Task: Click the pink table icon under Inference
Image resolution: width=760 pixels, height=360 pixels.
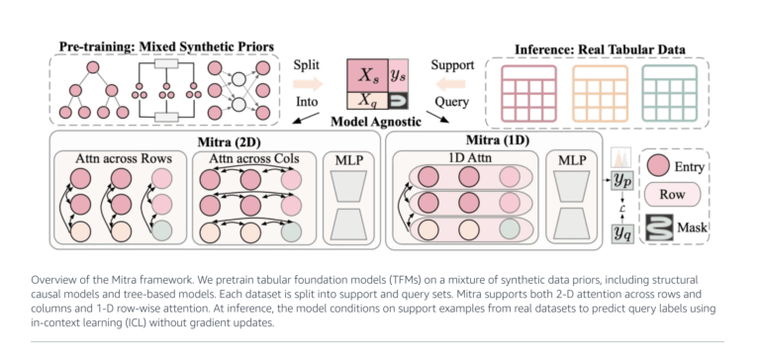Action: coord(531,90)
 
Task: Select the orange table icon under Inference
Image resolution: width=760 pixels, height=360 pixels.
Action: coord(600,90)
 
